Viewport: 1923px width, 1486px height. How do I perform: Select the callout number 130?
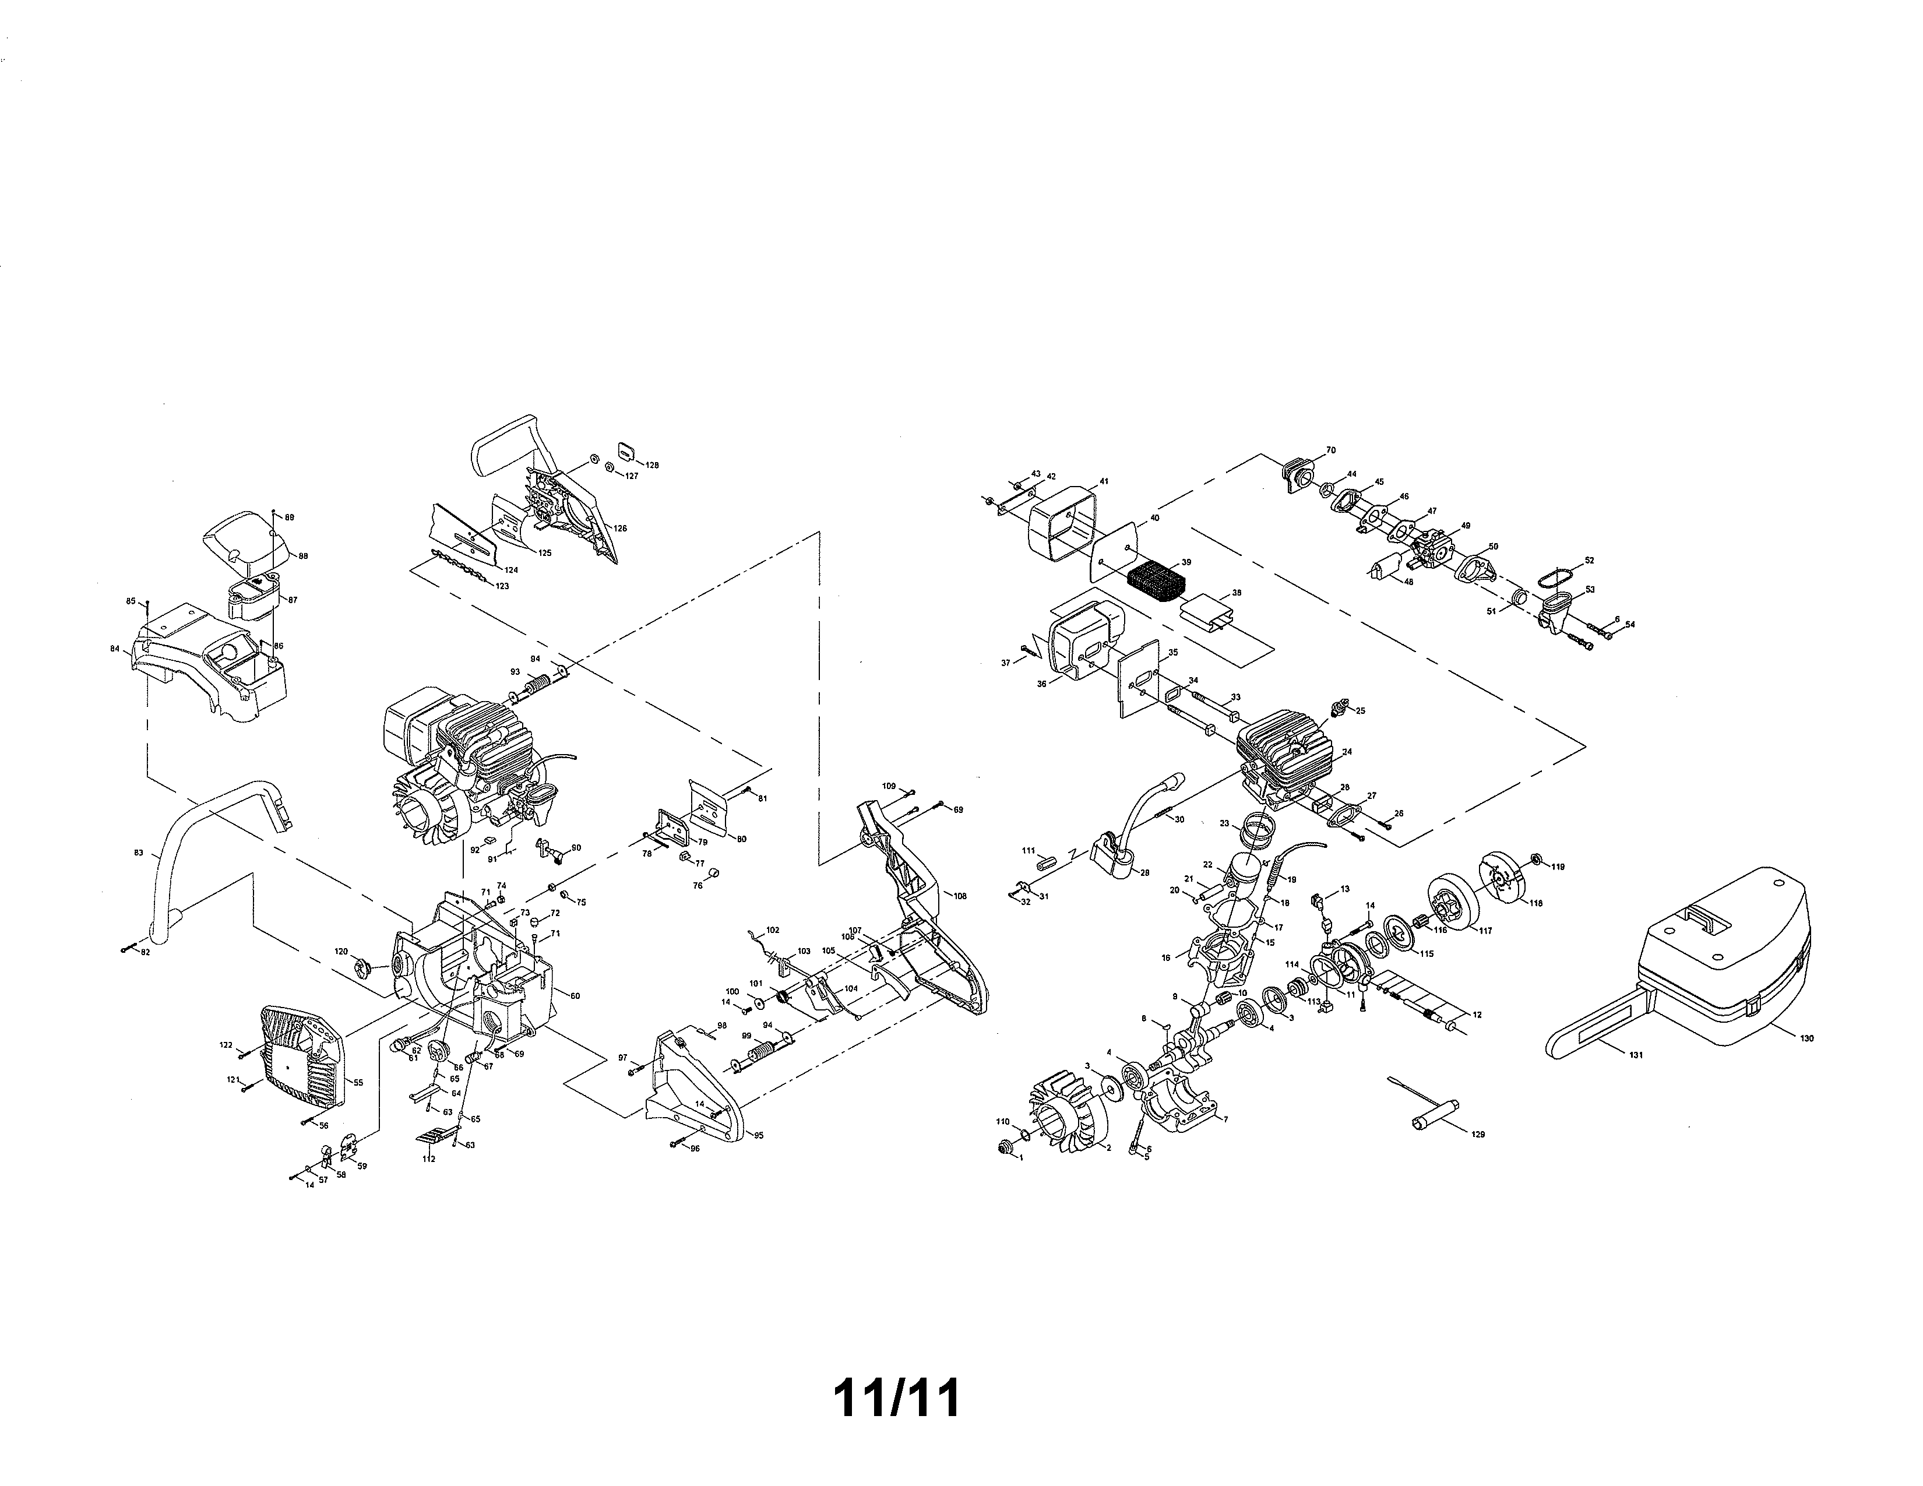pos(1807,1039)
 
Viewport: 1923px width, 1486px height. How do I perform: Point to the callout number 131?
pos(1636,1055)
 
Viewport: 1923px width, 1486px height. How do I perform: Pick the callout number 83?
pos(138,853)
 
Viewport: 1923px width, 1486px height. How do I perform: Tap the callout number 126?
pos(621,529)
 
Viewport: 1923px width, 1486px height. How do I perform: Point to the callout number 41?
pos(1103,483)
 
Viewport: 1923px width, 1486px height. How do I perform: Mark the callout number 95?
pos(758,1136)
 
